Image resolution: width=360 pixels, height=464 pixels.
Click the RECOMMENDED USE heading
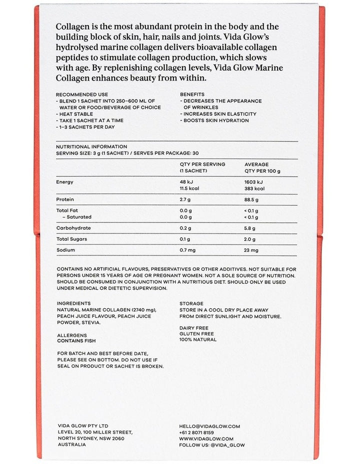(81, 94)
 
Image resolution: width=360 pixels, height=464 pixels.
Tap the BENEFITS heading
(192, 94)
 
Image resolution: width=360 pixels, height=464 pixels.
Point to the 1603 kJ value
(254, 182)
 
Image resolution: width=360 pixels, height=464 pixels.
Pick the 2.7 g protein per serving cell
(185, 199)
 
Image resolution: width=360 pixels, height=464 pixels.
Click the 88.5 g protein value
(253, 199)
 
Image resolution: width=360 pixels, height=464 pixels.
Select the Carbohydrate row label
(73, 228)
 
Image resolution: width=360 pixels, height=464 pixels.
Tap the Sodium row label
(65, 250)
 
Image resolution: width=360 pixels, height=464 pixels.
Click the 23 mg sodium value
(251, 250)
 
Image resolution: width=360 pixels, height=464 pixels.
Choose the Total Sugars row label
(72, 239)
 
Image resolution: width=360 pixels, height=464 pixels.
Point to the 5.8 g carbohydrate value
(250, 228)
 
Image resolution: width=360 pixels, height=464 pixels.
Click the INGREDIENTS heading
(74, 303)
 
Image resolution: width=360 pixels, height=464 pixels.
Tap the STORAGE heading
(191, 303)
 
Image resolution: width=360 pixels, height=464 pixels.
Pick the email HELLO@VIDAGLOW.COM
(210, 426)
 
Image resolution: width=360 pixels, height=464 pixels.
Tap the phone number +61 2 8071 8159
(197, 432)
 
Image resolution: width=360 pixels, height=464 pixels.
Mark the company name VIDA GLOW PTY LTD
(83, 426)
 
